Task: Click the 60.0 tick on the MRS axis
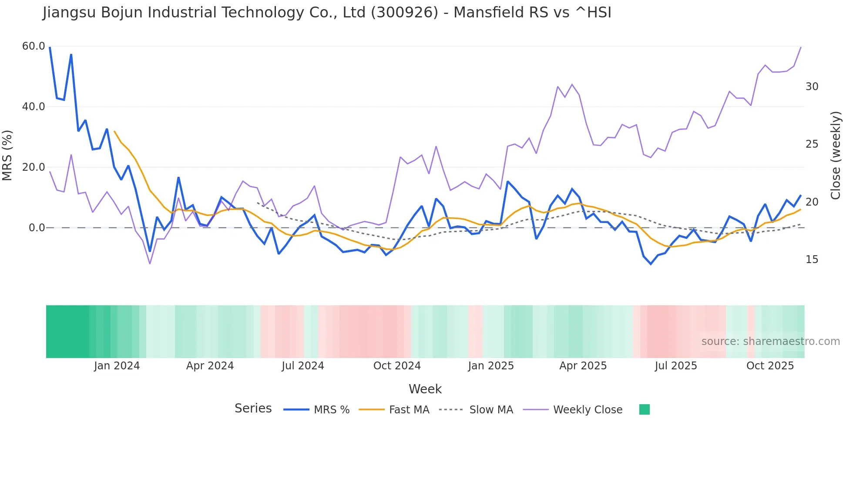pyautogui.click(x=34, y=46)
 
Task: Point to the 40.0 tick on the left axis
pyautogui.click(x=34, y=107)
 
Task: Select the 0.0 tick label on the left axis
pyautogui.click(x=37, y=228)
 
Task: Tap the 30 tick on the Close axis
pyautogui.click(x=812, y=87)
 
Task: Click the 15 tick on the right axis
pyautogui.click(x=812, y=260)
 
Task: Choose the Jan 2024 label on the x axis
pyautogui.click(x=117, y=366)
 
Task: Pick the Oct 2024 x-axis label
pyautogui.click(x=397, y=366)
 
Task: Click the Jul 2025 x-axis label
pyautogui.click(x=676, y=366)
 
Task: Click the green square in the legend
pyautogui.click(x=644, y=409)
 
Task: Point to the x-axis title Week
pyautogui.click(x=425, y=389)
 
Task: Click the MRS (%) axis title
pyautogui.click(x=7, y=155)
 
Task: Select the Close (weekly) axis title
pyautogui.click(x=835, y=155)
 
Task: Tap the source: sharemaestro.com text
pyautogui.click(x=770, y=341)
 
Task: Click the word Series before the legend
pyautogui.click(x=253, y=409)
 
